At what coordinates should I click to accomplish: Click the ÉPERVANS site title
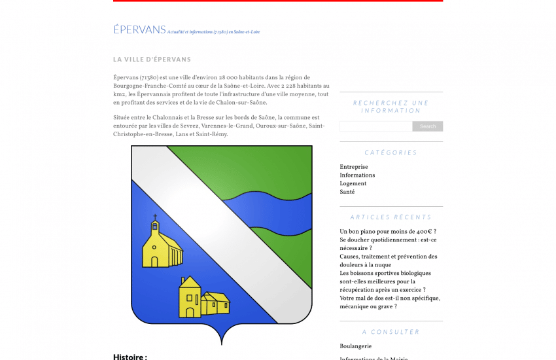[x=139, y=29]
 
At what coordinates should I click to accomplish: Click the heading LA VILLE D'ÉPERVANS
[x=152, y=60]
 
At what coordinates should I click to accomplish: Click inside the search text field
[x=375, y=126]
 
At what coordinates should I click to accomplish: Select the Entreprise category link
[x=354, y=167]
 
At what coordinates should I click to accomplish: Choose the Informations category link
[x=357, y=175]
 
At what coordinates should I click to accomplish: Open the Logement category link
[x=353, y=184]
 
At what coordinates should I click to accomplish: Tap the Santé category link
[x=347, y=192]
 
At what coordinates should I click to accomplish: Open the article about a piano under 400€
[x=387, y=232]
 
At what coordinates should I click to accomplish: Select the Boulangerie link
[x=356, y=346]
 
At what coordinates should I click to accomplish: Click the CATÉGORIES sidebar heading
[x=391, y=153]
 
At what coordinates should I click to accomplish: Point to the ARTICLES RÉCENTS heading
[x=391, y=217]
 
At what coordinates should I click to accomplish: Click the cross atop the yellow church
[x=155, y=217]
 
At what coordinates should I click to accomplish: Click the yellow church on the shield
[x=160, y=247]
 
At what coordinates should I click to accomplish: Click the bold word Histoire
[x=130, y=357]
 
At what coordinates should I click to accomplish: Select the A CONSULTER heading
[x=391, y=332]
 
